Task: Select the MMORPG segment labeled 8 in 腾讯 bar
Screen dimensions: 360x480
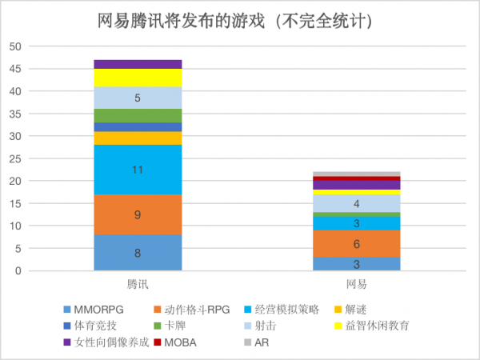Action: tap(138, 253)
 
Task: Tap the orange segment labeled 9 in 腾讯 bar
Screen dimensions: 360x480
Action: tap(138, 214)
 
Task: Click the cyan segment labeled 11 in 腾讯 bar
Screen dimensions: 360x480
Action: tap(138, 170)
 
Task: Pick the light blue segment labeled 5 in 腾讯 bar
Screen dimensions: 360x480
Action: tap(138, 98)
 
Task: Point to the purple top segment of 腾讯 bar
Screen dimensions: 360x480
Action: tap(138, 64)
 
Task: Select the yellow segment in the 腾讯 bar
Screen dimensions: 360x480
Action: tap(138, 78)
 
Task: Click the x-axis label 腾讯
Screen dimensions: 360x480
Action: tap(138, 284)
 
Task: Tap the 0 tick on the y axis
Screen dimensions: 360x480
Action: tap(18, 271)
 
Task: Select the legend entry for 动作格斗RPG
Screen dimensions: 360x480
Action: tap(196, 309)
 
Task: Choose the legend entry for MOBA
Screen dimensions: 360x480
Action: tap(182, 342)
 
